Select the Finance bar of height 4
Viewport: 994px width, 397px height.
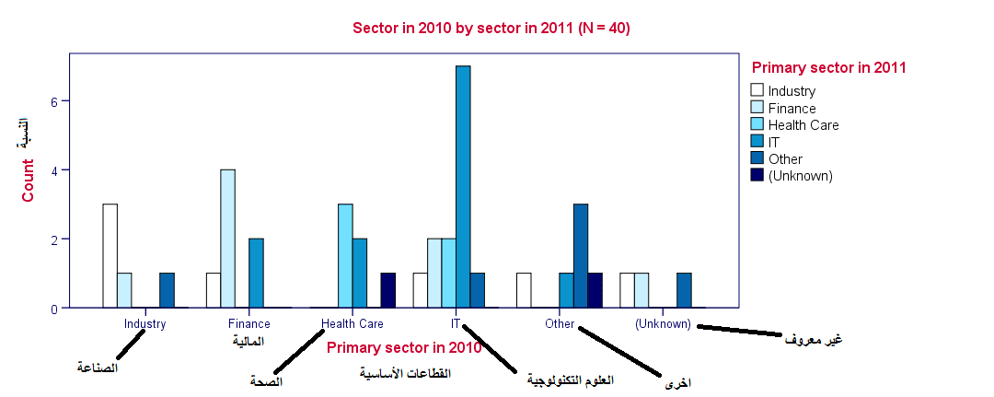click(227, 239)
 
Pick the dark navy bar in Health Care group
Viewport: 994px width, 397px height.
click(388, 291)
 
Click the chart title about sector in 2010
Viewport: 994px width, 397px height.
click(491, 28)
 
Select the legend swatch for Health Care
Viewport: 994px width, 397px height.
click(757, 124)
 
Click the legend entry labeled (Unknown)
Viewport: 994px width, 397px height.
click(800, 175)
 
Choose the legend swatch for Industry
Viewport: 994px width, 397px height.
click(757, 90)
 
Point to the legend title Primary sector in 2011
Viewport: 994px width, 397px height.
click(828, 67)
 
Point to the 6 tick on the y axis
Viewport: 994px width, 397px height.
click(54, 101)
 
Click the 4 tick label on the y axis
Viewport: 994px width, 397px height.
click(54, 170)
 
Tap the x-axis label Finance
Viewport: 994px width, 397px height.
click(248, 323)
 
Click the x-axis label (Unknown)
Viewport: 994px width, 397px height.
click(663, 323)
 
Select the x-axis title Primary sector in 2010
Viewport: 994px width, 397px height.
click(404, 347)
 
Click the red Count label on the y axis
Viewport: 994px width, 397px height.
click(29, 181)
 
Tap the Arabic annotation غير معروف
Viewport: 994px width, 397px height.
click(813, 339)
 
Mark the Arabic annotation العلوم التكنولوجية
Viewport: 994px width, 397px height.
click(570, 379)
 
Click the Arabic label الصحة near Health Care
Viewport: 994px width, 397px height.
click(266, 379)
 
